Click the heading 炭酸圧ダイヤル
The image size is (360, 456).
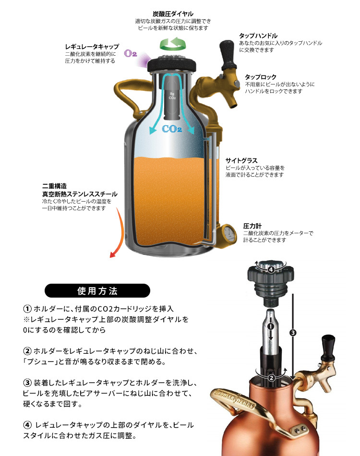(173, 13)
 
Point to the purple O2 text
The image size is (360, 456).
(131, 54)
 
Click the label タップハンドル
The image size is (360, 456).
(258, 36)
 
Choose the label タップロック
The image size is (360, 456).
(261, 76)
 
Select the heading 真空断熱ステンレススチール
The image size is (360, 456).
(80, 194)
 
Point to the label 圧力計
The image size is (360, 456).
(252, 226)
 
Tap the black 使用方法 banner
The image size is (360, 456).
(97, 291)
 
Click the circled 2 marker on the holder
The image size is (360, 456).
(271, 377)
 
